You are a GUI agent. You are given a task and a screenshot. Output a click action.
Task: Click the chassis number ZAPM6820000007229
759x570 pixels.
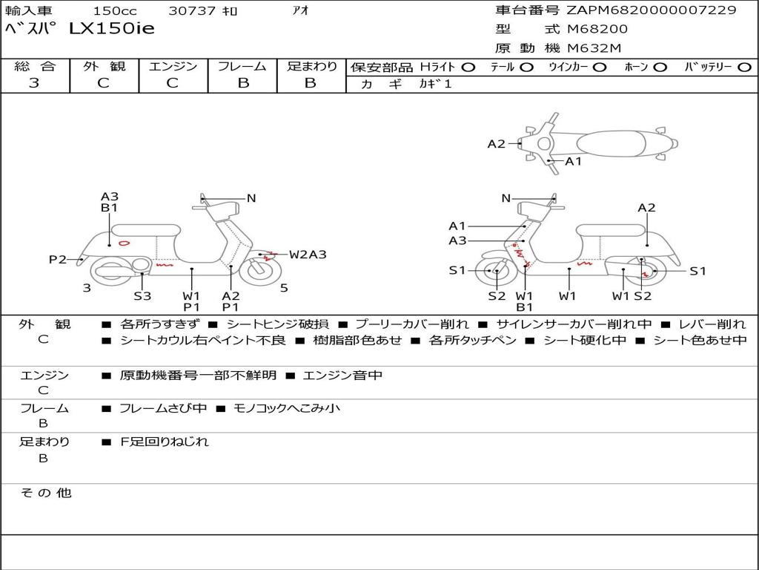tap(652, 10)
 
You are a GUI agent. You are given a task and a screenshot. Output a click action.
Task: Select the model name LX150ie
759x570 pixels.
tap(111, 29)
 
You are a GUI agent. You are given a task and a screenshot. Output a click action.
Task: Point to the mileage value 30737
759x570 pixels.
tap(192, 11)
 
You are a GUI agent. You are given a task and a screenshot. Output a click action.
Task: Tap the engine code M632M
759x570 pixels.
tap(594, 48)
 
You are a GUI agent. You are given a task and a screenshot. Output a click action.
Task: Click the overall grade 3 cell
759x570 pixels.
tap(34, 83)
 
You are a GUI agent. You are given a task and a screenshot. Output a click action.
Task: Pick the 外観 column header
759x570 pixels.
tap(104, 66)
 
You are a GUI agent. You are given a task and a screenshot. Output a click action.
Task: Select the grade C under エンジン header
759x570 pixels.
tap(173, 83)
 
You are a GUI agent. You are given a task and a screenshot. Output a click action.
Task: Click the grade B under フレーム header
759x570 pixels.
tap(242, 83)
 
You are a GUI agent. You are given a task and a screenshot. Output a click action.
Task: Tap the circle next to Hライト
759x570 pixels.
tap(468, 67)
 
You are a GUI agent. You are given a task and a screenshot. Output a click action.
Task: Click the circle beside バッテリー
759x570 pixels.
tap(744, 67)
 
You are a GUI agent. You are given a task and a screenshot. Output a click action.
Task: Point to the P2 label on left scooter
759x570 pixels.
tap(58, 259)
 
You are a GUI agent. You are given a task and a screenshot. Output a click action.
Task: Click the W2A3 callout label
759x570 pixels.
tap(308, 255)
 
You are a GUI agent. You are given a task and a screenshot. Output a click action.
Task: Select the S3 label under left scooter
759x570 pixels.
tap(142, 296)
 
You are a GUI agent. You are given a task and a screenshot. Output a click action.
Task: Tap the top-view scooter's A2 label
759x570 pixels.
tap(496, 144)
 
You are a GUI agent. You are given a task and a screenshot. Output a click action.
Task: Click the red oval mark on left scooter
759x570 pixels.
tap(124, 242)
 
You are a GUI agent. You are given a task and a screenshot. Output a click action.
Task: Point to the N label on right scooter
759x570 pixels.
tap(506, 198)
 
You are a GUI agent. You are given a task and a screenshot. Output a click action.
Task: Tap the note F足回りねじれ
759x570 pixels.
tap(165, 442)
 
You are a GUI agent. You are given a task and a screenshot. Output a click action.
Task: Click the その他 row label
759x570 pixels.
tap(45, 493)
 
